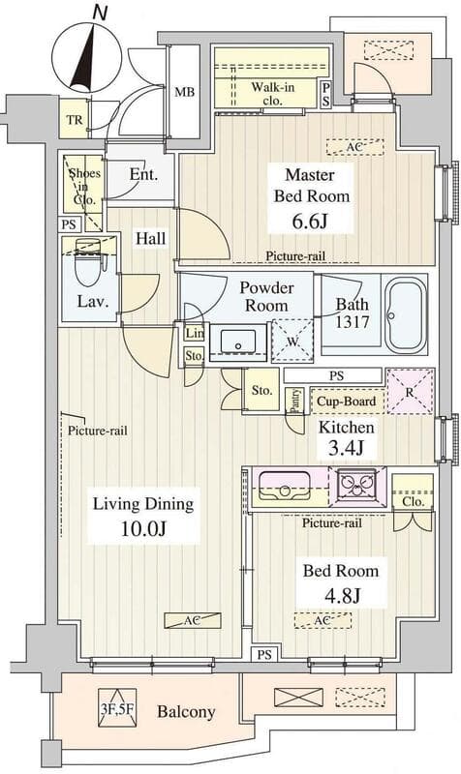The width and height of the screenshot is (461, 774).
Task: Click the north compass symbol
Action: click(x=89, y=52)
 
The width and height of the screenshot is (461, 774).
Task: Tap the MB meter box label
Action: click(x=184, y=92)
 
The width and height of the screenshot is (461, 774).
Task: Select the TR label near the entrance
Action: click(x=75, y=119)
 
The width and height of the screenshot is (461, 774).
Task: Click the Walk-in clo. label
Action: click(x=273, y=94)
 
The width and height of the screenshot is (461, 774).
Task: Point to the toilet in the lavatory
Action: click(x=91, y=261)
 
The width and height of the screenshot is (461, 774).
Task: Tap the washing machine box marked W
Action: click(x=292, y=341)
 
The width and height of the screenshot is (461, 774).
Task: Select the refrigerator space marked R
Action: click(x=410, y=392)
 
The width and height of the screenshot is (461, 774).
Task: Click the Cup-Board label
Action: click(x=347, y=402)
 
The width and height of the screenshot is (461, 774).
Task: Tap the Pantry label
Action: click(x=295, y=401)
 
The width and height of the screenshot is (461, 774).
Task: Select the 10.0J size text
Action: click(x=142, y=528)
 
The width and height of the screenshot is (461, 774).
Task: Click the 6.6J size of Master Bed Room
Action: click(x=309, y=222)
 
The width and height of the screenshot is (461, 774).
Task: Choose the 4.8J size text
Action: click(x=342, y=595)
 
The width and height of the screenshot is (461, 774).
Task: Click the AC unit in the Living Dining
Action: click(x=192, y=620)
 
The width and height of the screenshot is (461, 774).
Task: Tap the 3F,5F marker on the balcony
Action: click(x=117, y=708)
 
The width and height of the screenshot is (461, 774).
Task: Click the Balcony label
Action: click(x=186, y=712)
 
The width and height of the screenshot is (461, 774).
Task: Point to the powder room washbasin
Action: click(x=238, y=342)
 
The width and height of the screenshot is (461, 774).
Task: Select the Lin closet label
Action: click(x=195, y=333)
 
